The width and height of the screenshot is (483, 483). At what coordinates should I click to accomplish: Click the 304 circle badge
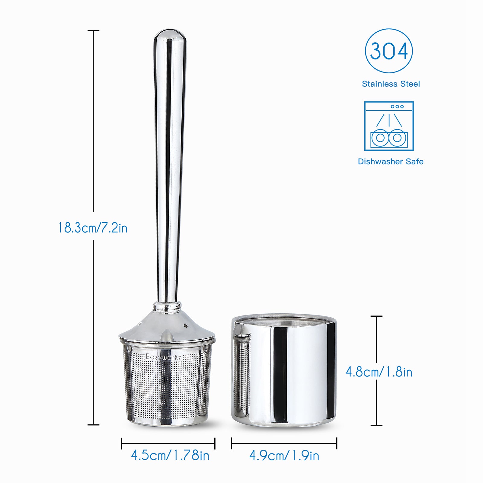389,51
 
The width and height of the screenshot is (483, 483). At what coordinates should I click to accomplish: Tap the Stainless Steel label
391,84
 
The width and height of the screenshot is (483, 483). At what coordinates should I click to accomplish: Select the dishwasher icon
389,126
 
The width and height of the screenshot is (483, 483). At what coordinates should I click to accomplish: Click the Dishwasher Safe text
391,162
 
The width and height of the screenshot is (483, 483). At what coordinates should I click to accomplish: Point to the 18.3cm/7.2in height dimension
93,228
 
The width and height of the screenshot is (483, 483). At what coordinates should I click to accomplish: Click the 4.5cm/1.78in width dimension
170,455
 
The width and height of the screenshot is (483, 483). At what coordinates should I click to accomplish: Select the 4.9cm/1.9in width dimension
284,456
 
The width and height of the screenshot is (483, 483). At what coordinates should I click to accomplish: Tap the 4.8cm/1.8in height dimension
379,372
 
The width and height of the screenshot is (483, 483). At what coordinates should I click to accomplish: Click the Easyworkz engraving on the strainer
164,357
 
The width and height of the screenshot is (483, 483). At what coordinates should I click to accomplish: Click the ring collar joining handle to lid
167,307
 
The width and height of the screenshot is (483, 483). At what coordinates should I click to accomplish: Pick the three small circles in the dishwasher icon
397,107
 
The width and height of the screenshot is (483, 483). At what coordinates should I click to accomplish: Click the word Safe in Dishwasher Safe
414,162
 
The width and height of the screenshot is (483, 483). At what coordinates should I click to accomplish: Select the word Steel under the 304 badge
410,84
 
